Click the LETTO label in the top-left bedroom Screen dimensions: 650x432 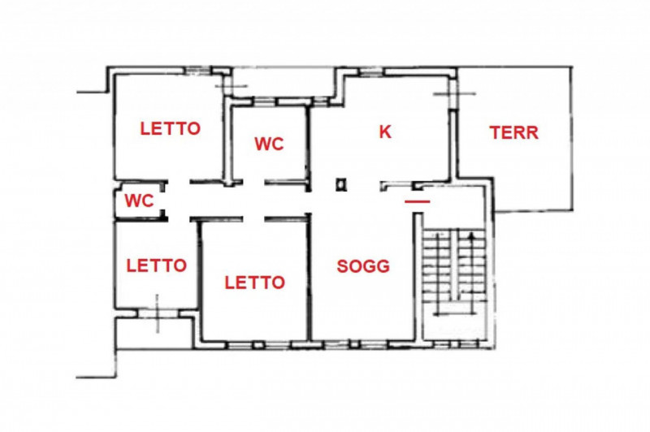[x=171, y=128]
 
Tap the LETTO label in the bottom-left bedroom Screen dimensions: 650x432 [x=156, y=266]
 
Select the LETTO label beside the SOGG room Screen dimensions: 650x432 [x=254, y=283]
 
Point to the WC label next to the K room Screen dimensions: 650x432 [x=269, y=144]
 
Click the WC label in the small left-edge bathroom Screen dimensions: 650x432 [x=139, y=201]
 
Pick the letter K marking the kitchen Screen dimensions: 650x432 [x=385, y=132]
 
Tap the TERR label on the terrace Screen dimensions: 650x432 [x=514, y=132]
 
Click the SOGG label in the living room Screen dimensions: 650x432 [x=363, y=266]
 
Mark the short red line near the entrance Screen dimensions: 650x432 [x=418, y=201]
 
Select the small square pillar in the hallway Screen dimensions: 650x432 [x=341, y=184]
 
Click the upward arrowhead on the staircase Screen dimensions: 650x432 [x=471, y=236]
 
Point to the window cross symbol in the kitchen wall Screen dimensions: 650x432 [x=454, y=94]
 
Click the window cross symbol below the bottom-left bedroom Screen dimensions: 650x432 [x=157, y=313]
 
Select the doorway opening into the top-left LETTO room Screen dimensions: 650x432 [x=179, y=182]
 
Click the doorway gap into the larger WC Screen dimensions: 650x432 [x=253, y=182]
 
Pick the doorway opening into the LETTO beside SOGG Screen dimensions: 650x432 [x=253, y=218]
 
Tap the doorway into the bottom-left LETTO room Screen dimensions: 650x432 [x=179, y=218]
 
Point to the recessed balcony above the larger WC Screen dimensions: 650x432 [x=283, y=83]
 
